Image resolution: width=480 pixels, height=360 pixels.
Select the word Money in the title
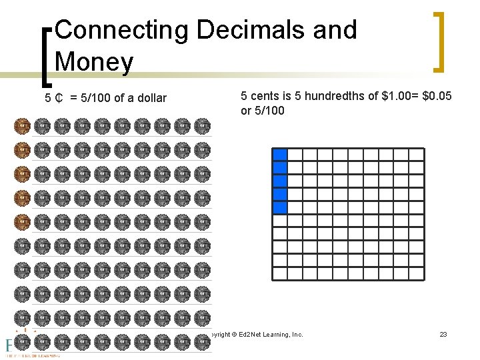(95, 62)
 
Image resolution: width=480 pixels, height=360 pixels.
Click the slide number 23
(443, 333)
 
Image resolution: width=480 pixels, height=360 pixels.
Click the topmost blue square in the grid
(280, 154)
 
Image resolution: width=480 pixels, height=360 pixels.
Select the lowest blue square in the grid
(280, 207)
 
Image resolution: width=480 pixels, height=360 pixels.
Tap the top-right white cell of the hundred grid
(417, 154)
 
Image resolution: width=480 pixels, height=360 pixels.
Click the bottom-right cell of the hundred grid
(417, 273)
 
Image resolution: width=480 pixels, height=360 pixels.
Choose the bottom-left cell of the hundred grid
(280, 273)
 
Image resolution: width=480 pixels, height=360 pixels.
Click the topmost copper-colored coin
(22, 126)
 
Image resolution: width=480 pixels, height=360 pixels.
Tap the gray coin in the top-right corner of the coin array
(202, 126)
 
